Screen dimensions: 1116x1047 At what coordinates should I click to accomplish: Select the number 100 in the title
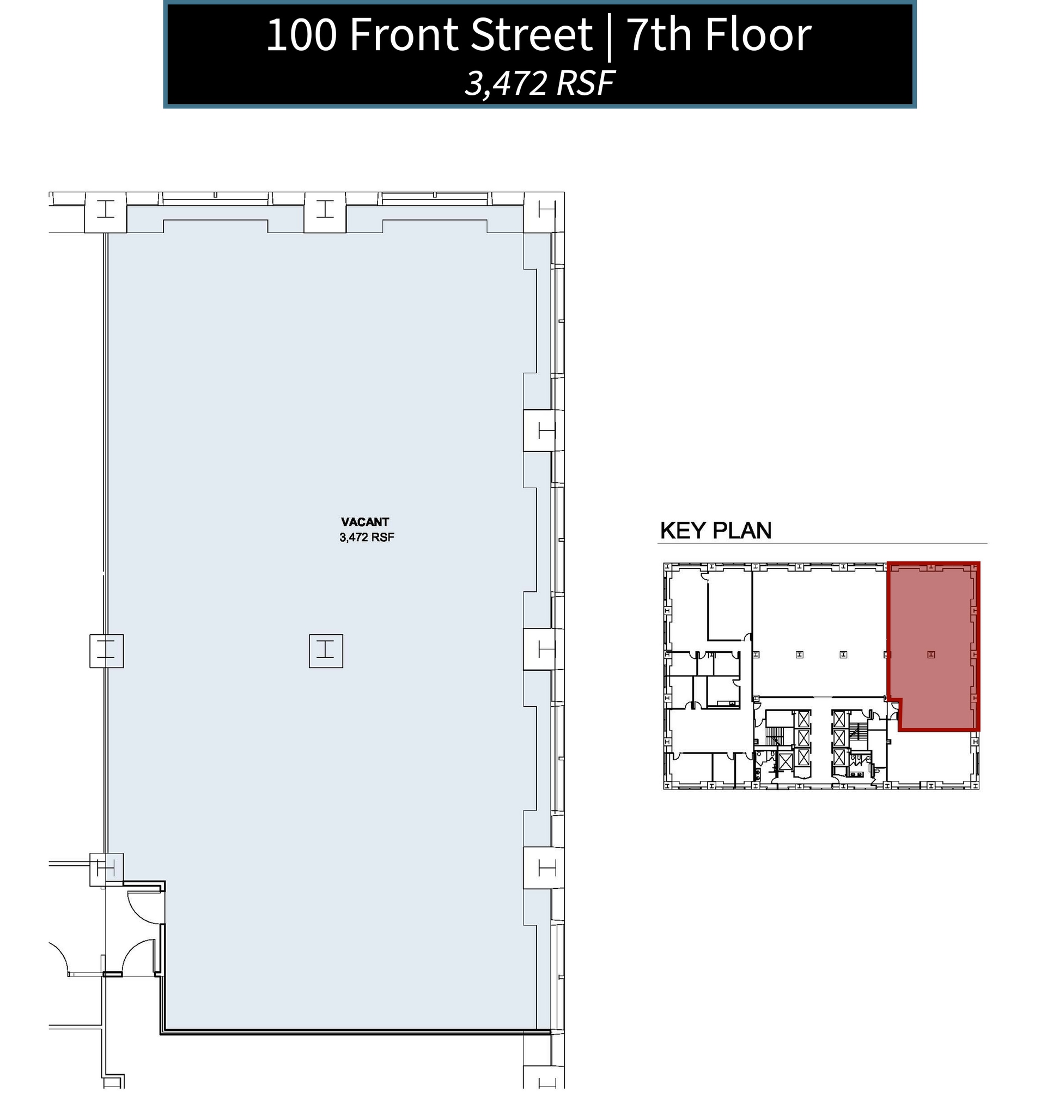[301, 35]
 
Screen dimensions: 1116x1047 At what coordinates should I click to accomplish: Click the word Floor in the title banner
[758, 35]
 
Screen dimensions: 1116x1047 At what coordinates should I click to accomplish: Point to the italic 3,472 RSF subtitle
[539, 83]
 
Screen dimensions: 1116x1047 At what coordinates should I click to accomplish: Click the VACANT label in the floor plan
[365, 522]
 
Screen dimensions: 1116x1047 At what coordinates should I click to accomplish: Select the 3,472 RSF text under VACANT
[367, 537]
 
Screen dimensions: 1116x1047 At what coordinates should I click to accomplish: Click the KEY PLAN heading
[715, 531]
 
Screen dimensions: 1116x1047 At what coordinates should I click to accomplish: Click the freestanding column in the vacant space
[325, 651]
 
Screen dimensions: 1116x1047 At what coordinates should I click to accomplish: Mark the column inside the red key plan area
[931, 654]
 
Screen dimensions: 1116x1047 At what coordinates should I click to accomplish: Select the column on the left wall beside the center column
[106, 651]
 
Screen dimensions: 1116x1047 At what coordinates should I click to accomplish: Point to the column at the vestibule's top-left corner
[106, 870]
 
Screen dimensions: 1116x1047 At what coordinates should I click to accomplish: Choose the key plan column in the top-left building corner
[668, 567]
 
